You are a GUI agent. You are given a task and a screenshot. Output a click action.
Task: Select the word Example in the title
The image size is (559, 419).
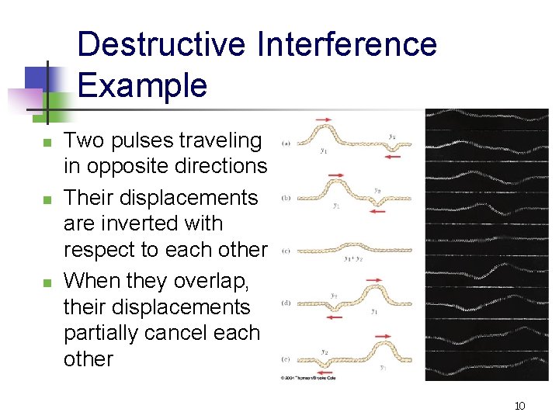point(142,85)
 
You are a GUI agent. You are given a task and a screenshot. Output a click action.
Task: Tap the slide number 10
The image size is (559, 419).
point(519,406)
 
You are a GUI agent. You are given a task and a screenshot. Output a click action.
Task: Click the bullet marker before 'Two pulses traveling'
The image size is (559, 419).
point(47,143)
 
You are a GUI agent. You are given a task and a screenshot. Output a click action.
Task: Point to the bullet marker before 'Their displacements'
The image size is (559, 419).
point(47,199)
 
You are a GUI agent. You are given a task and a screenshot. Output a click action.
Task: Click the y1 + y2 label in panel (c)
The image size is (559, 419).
point(353,258)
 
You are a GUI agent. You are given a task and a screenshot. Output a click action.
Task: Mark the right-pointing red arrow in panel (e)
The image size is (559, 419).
point(383,336)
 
